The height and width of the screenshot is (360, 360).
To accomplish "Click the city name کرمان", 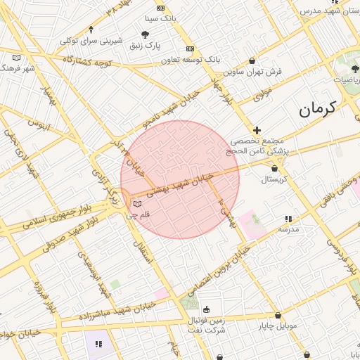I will (317, 108).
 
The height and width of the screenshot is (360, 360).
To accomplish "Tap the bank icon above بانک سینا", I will (161, 8).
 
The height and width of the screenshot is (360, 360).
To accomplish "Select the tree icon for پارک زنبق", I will (145, 34).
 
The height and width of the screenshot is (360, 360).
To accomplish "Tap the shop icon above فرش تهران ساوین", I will (252, 61).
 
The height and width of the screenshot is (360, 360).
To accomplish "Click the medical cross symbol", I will (257, 130).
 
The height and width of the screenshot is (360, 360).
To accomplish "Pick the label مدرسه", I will (289, 229).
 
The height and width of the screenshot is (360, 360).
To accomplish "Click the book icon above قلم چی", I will (136, 205).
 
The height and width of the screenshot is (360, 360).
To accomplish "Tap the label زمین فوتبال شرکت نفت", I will (207, 325).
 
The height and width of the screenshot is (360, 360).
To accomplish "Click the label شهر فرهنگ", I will (19, 68).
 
